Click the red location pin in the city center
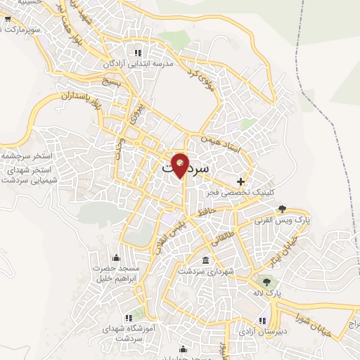click(x=181, y=164)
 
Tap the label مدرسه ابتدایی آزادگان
click(x=138, y=64)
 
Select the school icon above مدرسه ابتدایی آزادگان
click(x=138, y=52)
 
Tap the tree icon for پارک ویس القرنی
click(x=282, y=208)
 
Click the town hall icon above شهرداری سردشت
click(x=205, y=261)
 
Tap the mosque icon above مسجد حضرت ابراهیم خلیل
click(x=115, y=258)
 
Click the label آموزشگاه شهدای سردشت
click(x=129, y=332)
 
